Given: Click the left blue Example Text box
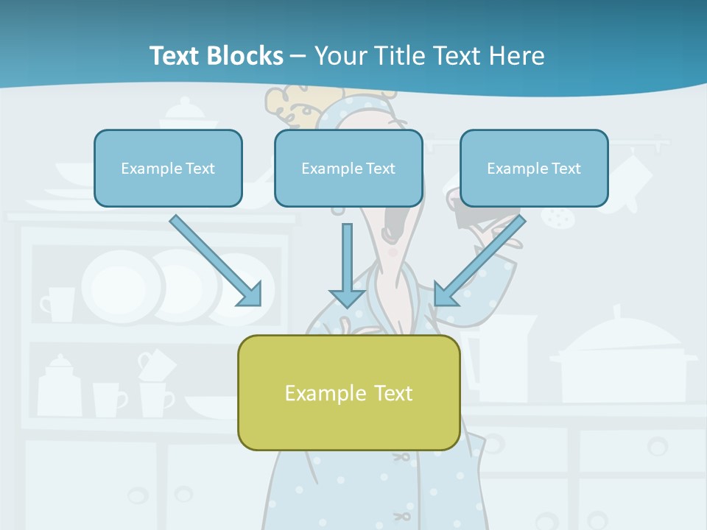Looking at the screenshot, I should tap(168, 168).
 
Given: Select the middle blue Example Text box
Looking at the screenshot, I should tap(348, 168).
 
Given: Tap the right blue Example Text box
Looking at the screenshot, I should tap(534, 168).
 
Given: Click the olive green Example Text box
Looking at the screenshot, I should tap(348, 392).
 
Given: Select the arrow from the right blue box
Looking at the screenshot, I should tap(479, 262).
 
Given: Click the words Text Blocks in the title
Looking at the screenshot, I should tap(216, 56).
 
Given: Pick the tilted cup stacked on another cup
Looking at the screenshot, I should tap(155, 364).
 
